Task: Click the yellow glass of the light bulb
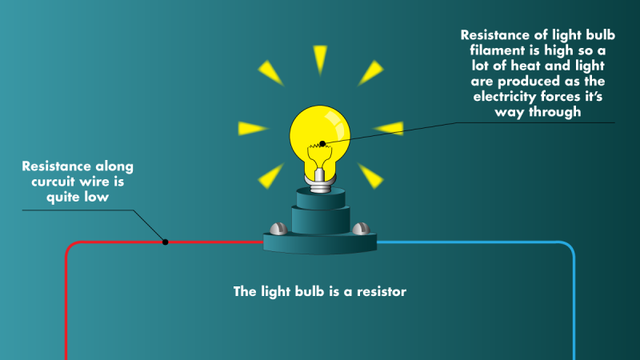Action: click(x=320, y=128)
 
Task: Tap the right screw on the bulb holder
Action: click(x=360, y=229)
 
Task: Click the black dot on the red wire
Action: click(x=165, y=242)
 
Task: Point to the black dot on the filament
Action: click(x=322, y=145)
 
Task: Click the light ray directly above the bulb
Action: click(x=320, y=59)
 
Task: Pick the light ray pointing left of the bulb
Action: click(x=252, y=127)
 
